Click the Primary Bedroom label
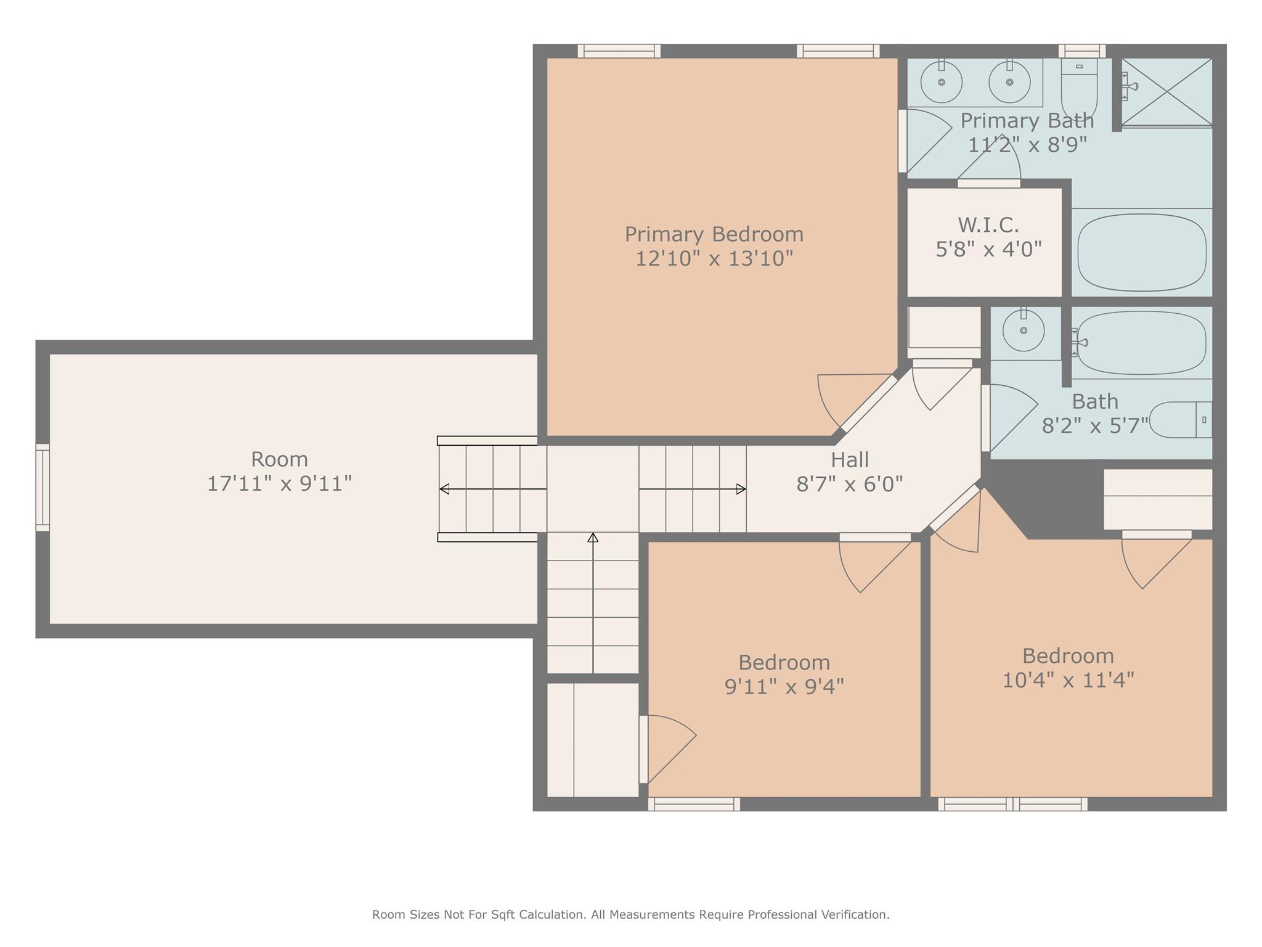click(x=714, y=234)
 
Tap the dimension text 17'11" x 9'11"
click(x=279, y=483)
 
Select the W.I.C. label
click(x=988, y=225)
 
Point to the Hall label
click(x=850, y=460)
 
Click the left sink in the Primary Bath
click(x=942, y=82)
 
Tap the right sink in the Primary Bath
click(x=1009, y=82)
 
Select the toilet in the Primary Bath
click(x=1079, y=89)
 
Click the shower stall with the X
click(x=1166, y=92)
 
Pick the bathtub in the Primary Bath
click(x=1142, y=252)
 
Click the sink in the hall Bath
click(x=1024, y=330)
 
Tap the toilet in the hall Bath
click(x=1181, y=420)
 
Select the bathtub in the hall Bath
click(x=1142, y=343)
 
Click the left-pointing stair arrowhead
click(x=444, y=489)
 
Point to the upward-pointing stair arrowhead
click(x=593, y=538)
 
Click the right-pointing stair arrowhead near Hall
click(x=741, y=489)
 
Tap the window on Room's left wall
click(x=43, y=487)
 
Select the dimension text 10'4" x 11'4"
click(x=1068, y=680)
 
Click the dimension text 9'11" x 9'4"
click(x=784, y=686)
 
